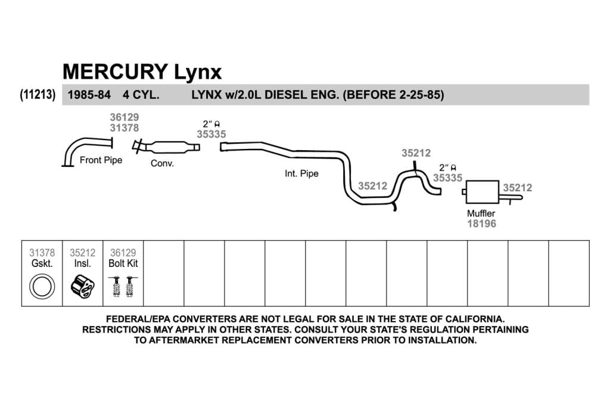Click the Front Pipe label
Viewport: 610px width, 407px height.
(x=101, y=160)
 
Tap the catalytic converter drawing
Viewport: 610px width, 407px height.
(x=167, y=147)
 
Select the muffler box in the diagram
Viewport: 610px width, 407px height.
(x=483, y=191)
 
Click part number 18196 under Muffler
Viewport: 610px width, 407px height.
(x=481, y=223)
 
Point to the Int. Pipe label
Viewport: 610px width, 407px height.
(x=301, y=173)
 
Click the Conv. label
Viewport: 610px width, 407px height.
(x=162, y=163)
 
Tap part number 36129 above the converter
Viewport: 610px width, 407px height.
(x=124, y=117)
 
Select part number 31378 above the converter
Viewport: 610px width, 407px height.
(x=124, y=128)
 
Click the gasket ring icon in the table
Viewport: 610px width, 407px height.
(x=42, y=287)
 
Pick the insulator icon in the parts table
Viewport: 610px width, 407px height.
(x=82, y=287)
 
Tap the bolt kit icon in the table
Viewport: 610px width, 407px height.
(x=123, y=287)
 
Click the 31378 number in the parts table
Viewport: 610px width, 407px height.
(x=42, y=253)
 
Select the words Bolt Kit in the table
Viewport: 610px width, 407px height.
(x=123, y=263)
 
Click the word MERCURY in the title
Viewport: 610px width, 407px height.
(x=115, y=72)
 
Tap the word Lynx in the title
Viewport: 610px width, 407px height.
(x=198, y=72)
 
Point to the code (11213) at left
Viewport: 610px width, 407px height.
(x=38, y=95)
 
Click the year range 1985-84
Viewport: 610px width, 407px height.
(x=89, y=95)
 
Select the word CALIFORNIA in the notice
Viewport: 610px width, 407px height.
(x=475, y=319)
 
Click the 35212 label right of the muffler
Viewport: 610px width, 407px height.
(x=518, y=188)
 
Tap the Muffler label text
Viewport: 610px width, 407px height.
(x=481, y=213)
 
